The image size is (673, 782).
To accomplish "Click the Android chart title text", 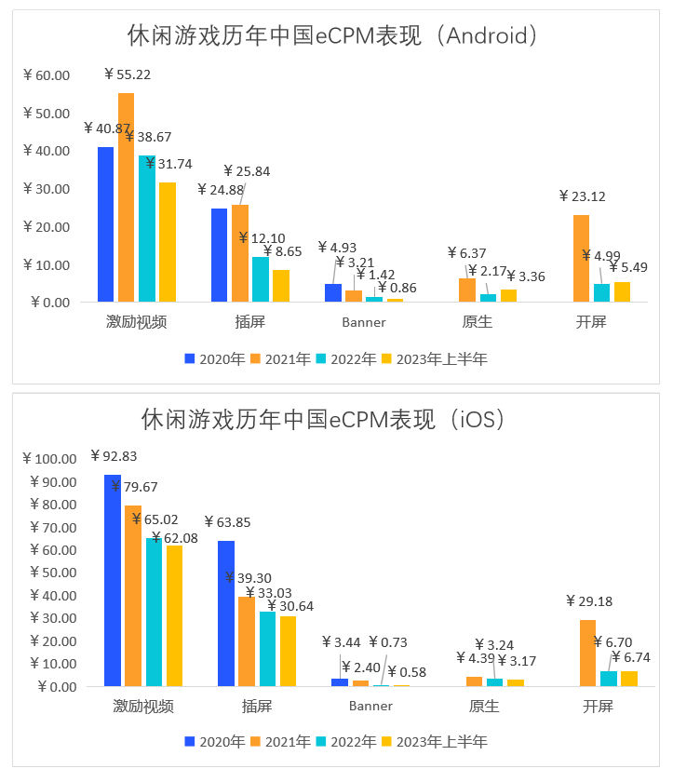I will point(334,36).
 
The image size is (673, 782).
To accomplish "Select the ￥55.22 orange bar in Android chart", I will point(127,197).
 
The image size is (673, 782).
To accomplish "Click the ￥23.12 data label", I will point(583,196).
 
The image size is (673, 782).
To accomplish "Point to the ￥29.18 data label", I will point(590,601).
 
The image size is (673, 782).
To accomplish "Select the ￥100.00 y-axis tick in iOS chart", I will point(50,459).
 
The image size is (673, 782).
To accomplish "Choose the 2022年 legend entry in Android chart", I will point(346,358).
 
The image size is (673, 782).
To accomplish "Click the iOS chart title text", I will point(324,420).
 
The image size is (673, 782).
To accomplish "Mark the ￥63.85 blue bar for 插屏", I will point(226,613).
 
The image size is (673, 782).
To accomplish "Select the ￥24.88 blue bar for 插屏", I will point(220,255).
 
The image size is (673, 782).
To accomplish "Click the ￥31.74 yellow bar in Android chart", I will point(168,242).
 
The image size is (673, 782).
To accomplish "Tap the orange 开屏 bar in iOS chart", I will point(587,653).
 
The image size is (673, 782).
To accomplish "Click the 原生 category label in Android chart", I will point(477,323).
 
